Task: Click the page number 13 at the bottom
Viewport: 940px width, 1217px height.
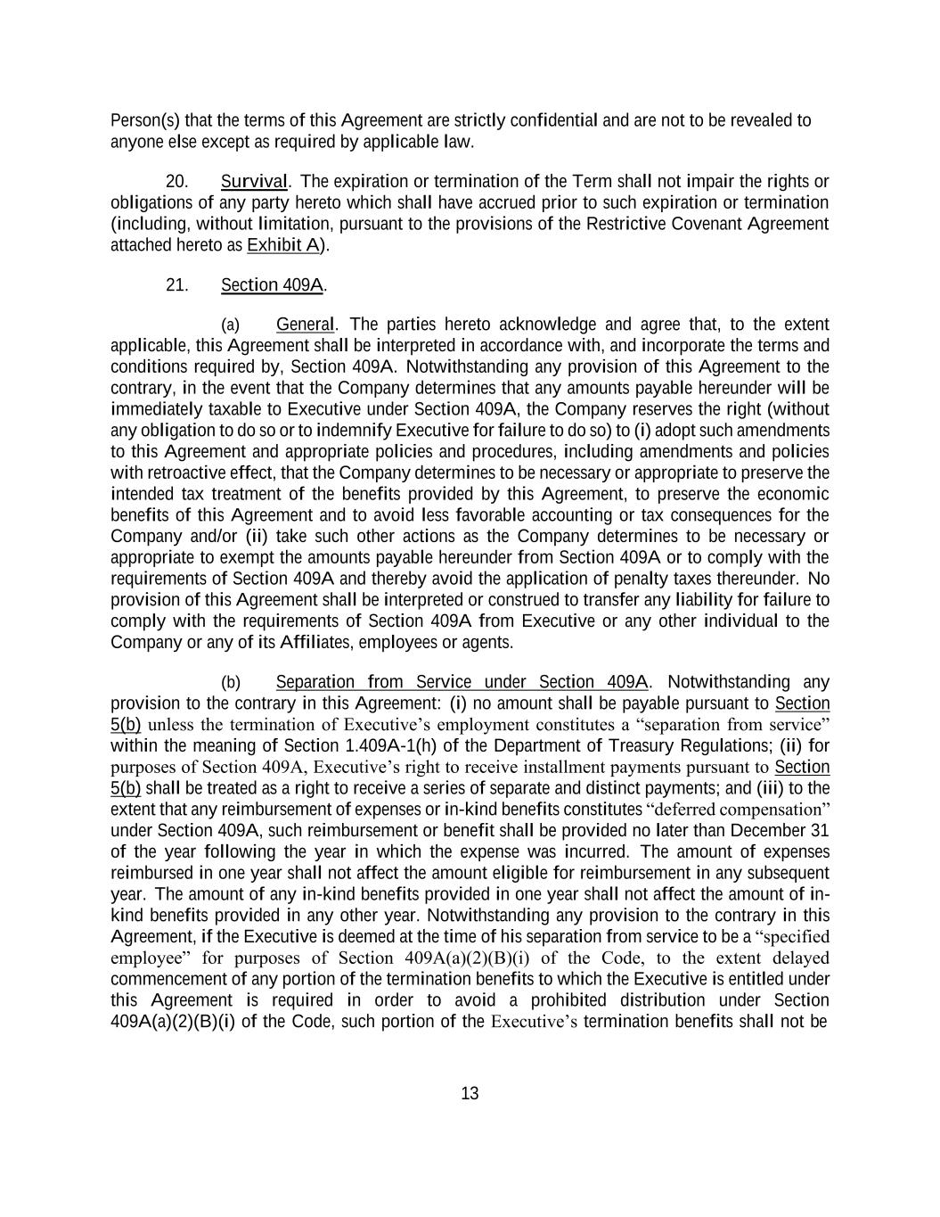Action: tap(470, 1093)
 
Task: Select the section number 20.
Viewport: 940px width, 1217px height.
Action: tap(176, 182)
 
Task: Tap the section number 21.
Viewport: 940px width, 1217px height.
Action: tap(176, 285)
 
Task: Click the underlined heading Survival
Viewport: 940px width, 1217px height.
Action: tap(254, 182)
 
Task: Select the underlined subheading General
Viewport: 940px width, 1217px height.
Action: tap(305, 324)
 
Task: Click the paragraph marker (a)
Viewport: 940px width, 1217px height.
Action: tap(230, 325)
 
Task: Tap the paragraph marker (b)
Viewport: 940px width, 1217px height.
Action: tap(230, 683)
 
